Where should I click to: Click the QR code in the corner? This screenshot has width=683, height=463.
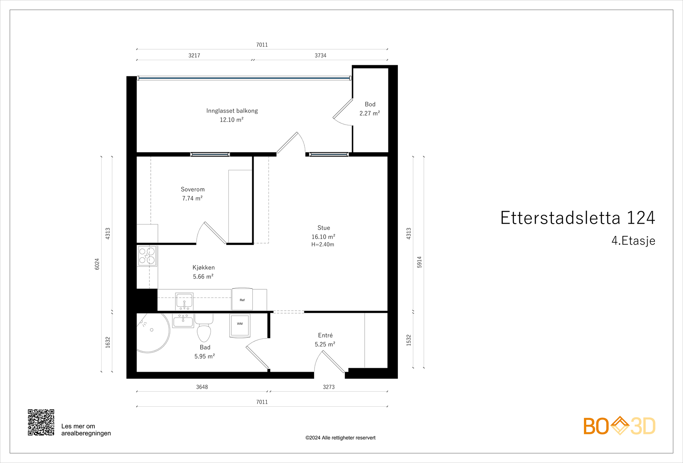click(x=41, y=422)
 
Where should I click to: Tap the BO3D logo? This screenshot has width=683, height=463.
click(x=619, y=426)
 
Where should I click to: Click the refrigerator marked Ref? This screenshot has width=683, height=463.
click(x=242, y=299)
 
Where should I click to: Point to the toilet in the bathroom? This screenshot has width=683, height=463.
click(x=204, y=329)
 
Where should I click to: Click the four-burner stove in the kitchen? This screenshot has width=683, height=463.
click(x=147, y=256)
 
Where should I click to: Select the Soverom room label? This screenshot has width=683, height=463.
click(x=193, y=189)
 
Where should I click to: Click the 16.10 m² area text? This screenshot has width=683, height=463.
click(x=323, y=237)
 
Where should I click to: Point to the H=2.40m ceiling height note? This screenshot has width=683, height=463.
click(x=323, y=245)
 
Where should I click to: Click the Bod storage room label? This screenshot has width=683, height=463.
click(x=370, y=104)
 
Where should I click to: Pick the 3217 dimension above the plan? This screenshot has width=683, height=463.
click(x=194, y=55)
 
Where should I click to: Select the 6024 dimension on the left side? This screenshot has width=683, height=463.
click(x=97, y=264)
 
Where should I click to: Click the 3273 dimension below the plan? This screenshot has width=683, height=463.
click(x=329, y=387)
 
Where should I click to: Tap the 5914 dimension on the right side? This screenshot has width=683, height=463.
click(x=419, y=262)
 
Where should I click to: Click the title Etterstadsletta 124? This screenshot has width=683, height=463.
click(x=577, y=218)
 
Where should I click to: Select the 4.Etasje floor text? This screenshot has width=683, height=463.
click(x=633, y=241)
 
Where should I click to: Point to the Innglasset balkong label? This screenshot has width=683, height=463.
click(x=232, y=111)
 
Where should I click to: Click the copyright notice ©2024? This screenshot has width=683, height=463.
click(x=340, y=438)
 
